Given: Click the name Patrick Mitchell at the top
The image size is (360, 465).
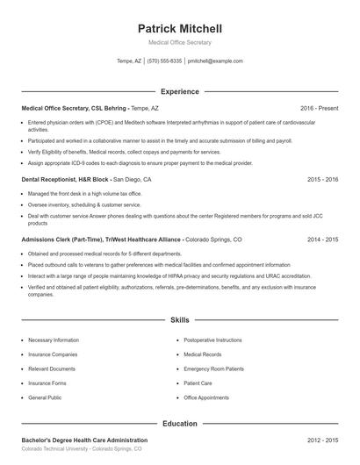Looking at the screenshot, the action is [180, 28].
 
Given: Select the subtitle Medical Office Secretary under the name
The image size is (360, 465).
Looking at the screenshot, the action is [180, 42].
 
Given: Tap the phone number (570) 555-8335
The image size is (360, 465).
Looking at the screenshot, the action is [164, 61].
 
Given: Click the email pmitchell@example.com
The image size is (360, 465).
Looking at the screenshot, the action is [215, 61].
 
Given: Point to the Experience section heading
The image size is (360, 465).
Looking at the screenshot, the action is [180, 91].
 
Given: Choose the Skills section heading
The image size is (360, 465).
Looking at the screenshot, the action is [180, 321].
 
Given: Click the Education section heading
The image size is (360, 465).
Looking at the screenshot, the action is [180, 424].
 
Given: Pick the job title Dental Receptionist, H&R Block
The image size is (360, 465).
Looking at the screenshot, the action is [65, 179].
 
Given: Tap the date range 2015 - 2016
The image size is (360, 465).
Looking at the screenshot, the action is [322, 179].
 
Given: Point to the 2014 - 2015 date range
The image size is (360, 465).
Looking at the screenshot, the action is [322, 239].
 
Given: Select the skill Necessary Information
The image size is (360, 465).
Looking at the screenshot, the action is [54, 340].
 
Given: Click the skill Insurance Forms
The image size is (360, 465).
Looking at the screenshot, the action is [47, 383].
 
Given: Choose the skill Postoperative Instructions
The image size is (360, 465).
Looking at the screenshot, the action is [213, 340].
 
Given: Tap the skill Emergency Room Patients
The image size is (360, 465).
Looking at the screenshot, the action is [214, 368].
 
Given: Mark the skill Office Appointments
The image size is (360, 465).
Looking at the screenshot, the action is [206, 397].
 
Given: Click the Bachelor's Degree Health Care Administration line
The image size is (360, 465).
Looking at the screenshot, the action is [84, 440].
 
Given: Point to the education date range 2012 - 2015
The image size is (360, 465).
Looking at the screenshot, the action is [322, 440].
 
